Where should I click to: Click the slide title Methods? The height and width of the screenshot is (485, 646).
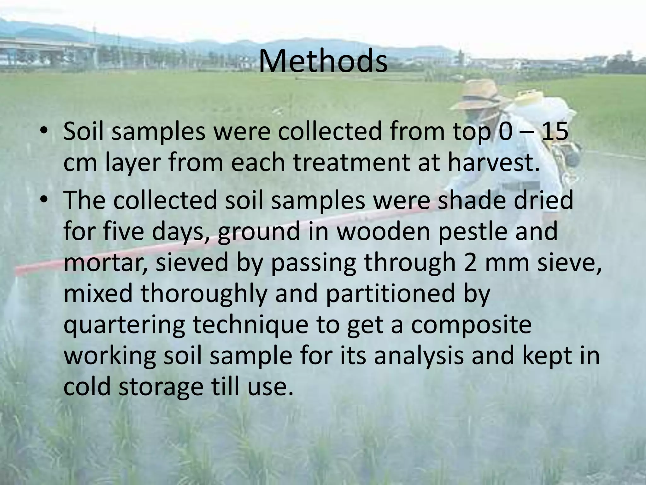click(323, 61)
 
